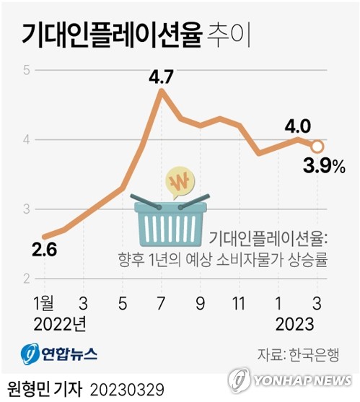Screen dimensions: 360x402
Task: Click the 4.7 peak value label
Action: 162,77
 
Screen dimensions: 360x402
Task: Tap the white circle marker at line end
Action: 317,147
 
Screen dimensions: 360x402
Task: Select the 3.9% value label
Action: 324,166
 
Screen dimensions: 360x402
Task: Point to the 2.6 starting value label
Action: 44,250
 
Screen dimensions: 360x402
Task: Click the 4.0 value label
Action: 298,126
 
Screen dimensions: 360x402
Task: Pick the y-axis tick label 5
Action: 27,70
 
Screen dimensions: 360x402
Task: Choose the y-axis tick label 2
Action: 27,279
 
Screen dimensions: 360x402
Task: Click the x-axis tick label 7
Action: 161,303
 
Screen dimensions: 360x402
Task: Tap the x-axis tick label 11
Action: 238,303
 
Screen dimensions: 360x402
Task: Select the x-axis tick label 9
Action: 200,303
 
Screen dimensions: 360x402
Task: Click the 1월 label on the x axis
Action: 44,303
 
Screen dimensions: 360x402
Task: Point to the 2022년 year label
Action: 60,324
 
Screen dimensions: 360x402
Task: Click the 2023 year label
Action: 294,324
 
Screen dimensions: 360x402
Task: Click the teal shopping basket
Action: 170,220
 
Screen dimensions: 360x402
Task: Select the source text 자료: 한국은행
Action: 299,354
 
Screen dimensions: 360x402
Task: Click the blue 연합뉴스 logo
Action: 59,354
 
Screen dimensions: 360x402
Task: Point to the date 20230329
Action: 127,390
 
